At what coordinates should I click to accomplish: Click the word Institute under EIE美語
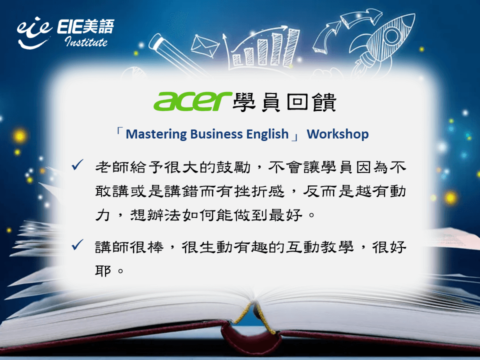pos(86,41)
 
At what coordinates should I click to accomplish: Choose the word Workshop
pos(337,134)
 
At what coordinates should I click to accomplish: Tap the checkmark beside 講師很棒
pos(78,244)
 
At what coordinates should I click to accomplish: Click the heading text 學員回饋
pos(284,102)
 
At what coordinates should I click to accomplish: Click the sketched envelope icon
pos(204,46)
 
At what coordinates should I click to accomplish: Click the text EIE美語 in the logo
pos(85,26)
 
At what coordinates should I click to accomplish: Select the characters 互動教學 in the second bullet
pos(319,246)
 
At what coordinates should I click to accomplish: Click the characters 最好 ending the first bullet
pos(286,215)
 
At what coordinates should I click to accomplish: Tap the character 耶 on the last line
pos(103,270)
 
